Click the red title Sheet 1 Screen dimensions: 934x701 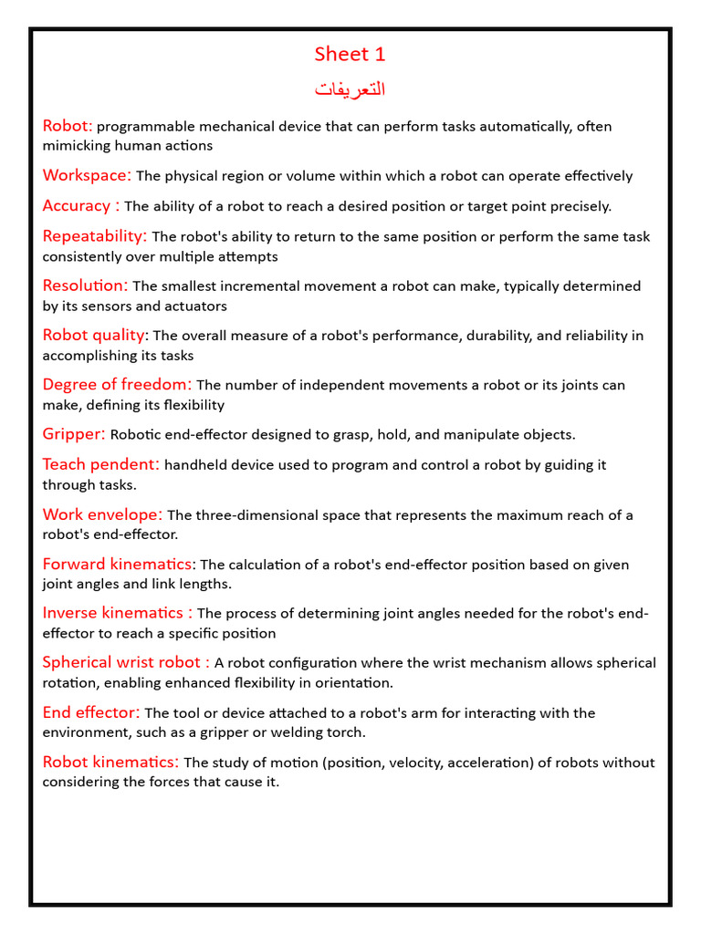pyautogui.click(x=350, y=55)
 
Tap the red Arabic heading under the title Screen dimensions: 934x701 pyautogui.click(x=350, y=88)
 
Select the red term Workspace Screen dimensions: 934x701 pyautogui.click(x=87, y=175)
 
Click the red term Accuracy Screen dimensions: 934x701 pyautogui.click(x=80, y=205)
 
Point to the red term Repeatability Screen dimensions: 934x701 pyautogui.click(x=94, y=236)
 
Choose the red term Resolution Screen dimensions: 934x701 pyautogui.click(x=85, y=285)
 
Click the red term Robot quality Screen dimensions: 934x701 pyautogui.click(x=93, y=335)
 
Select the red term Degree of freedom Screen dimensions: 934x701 pyautogui.click(x=117, y=385)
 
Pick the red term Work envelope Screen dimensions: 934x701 pyautogui.click(x=102, y=514)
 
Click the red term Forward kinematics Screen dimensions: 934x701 pyautogui.click(x=118, y=564)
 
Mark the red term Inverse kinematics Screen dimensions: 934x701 pyautogui.click(x=117, y=613)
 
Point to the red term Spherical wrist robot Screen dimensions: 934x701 pyautogui.click(x=126, y=662)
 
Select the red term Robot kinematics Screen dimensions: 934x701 pyautogui.click(x=110, y=762)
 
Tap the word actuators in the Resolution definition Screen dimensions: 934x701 pyautogui.click(x=197, y=306)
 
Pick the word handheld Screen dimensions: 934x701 pyautogui.click(x=195, y=465)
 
